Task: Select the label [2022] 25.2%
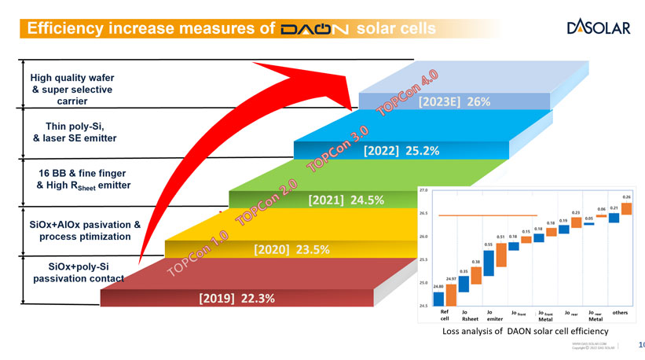coord(401,151)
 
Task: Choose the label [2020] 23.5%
coord(291,249)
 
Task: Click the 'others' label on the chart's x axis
coord(621,313)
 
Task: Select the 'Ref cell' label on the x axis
coord(445,316)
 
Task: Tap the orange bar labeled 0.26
coord(626,205)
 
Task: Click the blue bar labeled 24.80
coord(438,297)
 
